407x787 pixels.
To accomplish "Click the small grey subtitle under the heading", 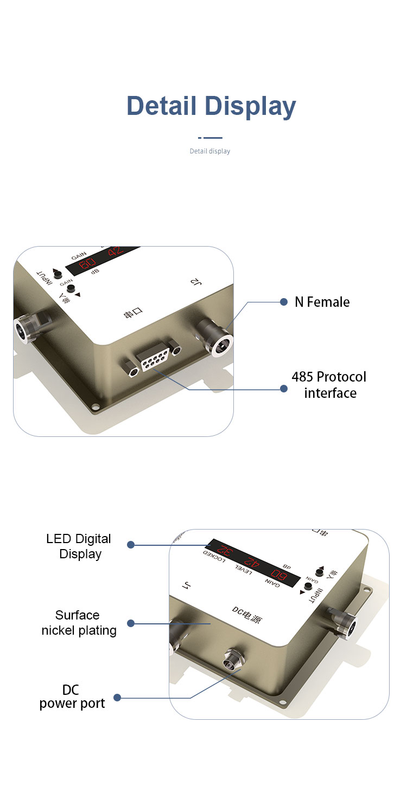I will pyautogui.click(x=210, y=151).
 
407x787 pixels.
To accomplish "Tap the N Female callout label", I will pyautogui.click(x=322, y=302).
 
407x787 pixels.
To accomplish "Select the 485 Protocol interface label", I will pyautogui.click(x=329, y=385).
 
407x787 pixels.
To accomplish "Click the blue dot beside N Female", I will pyautogui.click(x=283, y=302).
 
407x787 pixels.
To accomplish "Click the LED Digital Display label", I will pyautogui.click(x=79, y=546).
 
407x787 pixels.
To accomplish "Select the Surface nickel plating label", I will pyautogui.click(x=79, y=623).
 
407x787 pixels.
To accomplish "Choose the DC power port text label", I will pyautogui.click(x=72, y=697).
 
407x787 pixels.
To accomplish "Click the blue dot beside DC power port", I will pyautogui.click(x=117, y=698).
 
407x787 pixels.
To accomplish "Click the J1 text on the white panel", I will pyautogui.click(x=187, y=586).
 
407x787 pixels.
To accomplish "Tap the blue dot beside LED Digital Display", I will pyautogui.click(x=130, y=545).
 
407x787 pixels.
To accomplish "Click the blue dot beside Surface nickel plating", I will pyautogui.click(x=130, y=623).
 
